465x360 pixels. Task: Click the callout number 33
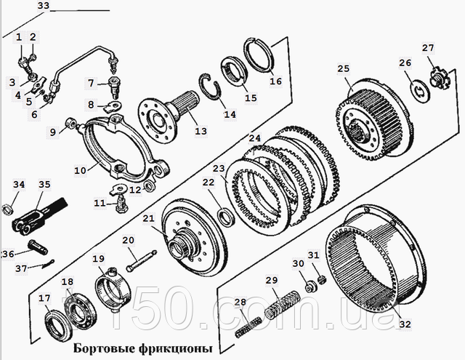coord(44,7)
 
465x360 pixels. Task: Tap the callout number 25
coord(344,69)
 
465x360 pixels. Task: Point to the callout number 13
coord(201,132)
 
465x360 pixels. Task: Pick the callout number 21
coord(148,219)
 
